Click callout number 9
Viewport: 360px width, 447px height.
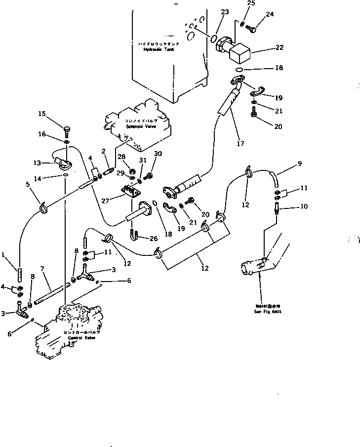(299, 163)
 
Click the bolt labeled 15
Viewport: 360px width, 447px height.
(67, 131)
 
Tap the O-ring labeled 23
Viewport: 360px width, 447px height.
(213, 38)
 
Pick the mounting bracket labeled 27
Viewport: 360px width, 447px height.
(131, 192)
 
